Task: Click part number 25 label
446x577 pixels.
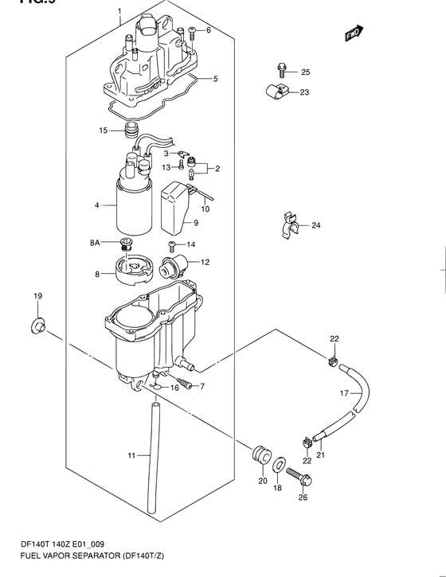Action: [x=305, y=72]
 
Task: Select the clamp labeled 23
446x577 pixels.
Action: [x=276, y=92]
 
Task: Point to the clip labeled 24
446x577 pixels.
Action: [x=290, y=227]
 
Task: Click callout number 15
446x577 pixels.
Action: [x=103, y=130]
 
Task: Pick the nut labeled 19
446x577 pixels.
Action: [x=37, y=325]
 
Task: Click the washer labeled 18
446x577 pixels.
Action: [x=281, y=466]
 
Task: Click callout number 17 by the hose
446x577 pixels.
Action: [x=345, y=393]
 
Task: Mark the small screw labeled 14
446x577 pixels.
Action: [x=171, y=244]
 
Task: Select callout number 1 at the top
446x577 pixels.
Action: [x=119, y=12]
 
